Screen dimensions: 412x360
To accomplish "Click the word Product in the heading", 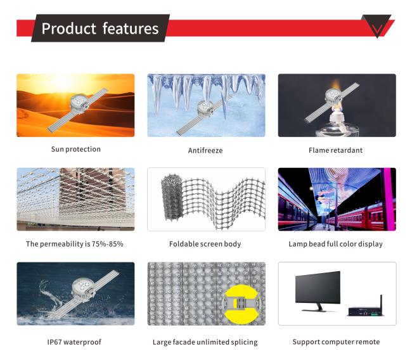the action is (68, 29).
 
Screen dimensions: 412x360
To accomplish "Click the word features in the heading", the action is (131, 29).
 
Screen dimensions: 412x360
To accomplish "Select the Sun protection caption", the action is (75, 149).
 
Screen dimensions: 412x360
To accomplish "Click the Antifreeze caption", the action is (205, 151).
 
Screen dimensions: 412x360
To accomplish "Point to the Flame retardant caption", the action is (335, 150).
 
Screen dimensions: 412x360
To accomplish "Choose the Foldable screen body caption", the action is (205, 244).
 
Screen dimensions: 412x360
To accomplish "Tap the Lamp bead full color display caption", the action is (335, 244).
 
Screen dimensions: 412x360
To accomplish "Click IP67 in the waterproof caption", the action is (55, 342).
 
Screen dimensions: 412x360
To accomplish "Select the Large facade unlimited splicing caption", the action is (205, 342).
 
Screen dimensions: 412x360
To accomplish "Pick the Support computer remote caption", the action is (336, 342).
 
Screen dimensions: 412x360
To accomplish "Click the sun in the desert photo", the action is (63, 82).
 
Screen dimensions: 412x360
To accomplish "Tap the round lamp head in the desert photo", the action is (79, 103).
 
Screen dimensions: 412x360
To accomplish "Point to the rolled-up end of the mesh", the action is (172, 197).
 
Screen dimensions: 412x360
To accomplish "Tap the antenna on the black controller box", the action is (381, 300).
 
